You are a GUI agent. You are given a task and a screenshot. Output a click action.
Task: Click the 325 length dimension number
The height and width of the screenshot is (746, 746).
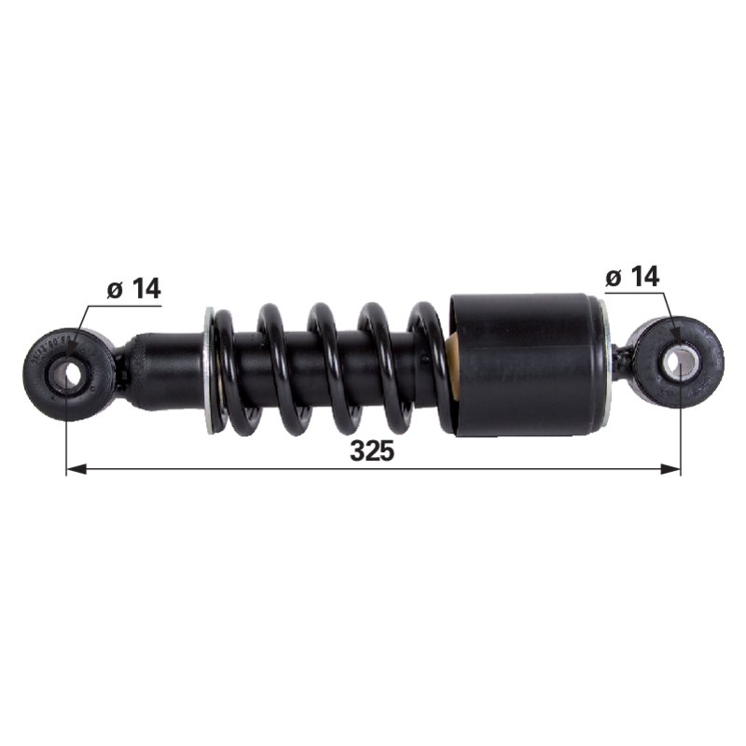pyautogui.click(x=372, y=450)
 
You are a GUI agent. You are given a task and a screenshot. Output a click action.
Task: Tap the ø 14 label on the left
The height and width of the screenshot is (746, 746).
pyautogui.click(x=134, y=288)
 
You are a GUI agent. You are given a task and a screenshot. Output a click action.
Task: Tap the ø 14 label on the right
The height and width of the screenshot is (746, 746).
pyautogui.click(x=633, y=276)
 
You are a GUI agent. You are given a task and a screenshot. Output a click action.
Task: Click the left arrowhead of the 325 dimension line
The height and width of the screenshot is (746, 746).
pyautogui.click(x=76, y=470)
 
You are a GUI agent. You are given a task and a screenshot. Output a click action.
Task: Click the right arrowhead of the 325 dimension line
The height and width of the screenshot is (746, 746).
pyautogui.click(x=670, y=470)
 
